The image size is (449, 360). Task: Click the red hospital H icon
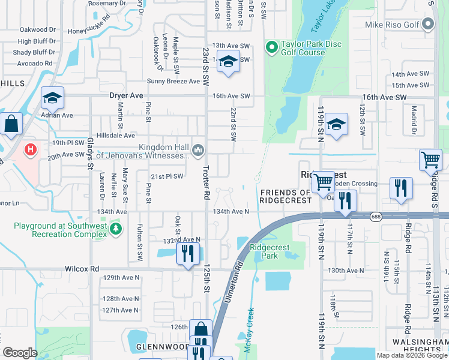(28, 148)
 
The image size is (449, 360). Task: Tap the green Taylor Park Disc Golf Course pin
(271, 46)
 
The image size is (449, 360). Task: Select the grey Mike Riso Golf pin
(427, 25)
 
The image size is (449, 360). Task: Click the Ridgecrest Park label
(270, 251)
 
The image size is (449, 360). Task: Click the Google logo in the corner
(20, 352)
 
